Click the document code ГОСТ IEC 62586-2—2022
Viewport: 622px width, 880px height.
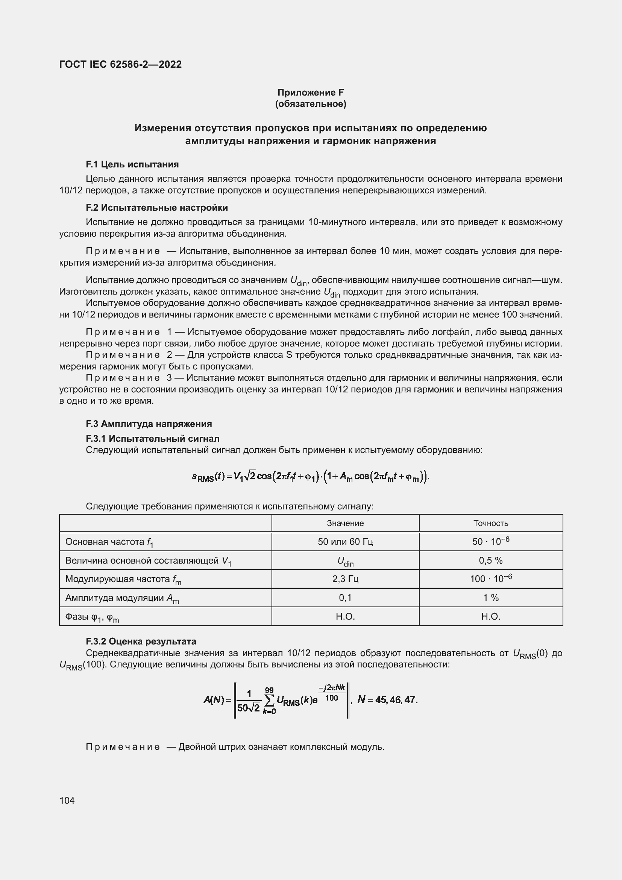point(120,64)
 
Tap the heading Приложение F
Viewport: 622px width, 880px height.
point(311,93)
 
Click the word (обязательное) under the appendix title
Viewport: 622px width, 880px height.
point(311,104)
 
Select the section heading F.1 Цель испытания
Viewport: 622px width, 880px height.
point(132,164)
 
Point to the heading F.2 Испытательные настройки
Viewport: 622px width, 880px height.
point(157,208)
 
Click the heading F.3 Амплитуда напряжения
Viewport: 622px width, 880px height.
point(149,424)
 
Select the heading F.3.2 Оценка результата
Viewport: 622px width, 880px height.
point(141,641)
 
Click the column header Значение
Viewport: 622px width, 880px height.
point(345,523)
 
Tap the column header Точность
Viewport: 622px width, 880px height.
point(491,523)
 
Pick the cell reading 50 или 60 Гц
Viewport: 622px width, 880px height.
point(345,541)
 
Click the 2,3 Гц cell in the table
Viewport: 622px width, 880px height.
point(345,579)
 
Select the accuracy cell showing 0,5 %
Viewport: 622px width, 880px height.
point(491,560)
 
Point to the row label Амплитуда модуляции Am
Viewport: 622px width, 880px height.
point(122,598)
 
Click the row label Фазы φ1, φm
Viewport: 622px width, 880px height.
point(92,617)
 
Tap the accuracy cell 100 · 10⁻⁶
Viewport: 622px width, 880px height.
point(491,579)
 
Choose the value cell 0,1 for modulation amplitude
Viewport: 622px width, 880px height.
point(345,597)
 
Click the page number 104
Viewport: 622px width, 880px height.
point(67,800)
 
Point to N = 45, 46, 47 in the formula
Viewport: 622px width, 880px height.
point(387,700)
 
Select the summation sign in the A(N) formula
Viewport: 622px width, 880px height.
point(270,701)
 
